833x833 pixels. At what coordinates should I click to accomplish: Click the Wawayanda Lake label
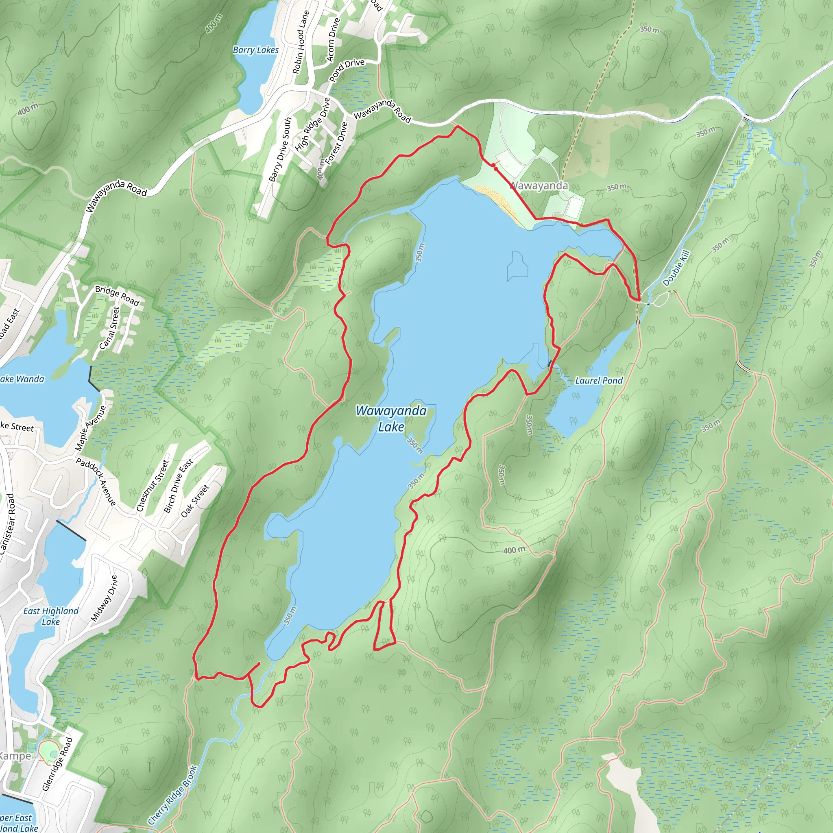(x=391, y=419)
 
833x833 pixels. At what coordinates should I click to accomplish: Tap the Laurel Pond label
(x=599, y=380)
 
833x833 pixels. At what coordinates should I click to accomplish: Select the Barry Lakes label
(x=256, y=50)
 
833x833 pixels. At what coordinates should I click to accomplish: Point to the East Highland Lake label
(x=51, y=616)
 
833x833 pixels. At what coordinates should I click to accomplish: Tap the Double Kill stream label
(x=676, y=268)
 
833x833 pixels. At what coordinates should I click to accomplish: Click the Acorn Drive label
(x=333, y=40)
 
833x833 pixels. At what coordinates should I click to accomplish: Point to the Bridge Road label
(x=117, y=295)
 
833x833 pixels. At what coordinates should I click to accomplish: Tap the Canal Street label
(x=109, y=328)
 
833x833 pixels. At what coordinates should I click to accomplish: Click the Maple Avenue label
(x=91, y=428)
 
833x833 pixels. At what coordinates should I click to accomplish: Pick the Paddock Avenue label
(x=96, y=482)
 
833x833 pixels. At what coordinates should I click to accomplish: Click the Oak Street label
(x=195, y=501)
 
